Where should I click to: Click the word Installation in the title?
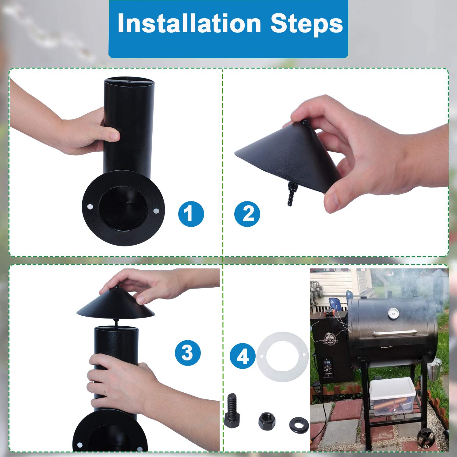[189, 24]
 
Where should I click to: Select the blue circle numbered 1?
[191, 214]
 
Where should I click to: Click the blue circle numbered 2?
[247, 214]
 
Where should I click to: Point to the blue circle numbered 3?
[188, 353]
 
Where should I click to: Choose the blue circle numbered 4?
[243, 356]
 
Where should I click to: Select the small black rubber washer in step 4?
[299, 424]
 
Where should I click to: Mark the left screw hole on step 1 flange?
[90, 207]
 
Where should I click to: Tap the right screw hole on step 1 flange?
[156, 211]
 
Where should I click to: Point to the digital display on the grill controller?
[328, 362]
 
